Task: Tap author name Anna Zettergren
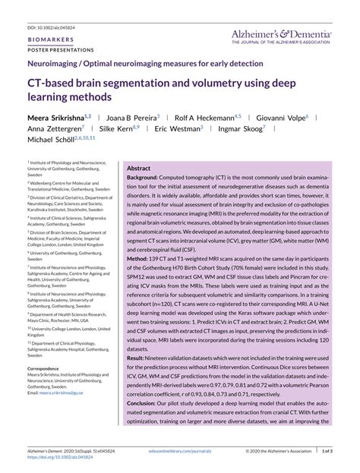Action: [x=54, y=128]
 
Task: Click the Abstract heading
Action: [x=138, y=168]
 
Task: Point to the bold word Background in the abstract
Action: [x=142, y=178]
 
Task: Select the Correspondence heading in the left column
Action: [x=47, y=367]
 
